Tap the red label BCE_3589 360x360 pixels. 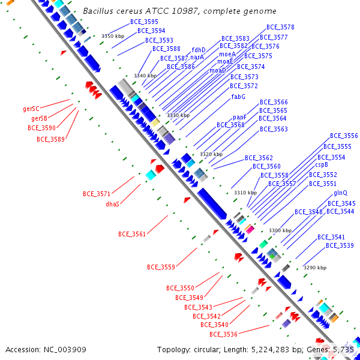tap(50, 139)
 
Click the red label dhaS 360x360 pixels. tap(113, 204)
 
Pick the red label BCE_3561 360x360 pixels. tap(132, 234)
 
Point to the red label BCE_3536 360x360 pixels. tap(223, 334)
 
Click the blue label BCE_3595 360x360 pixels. tap(144, 22)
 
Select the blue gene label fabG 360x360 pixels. tap(238, 97)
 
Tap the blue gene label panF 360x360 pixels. tap(239, 117)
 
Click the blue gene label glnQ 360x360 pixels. tap(340, 193)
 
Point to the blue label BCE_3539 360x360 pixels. tap(340, 245)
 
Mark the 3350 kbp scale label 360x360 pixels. tap(112, 36)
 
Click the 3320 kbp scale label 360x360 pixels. tap(211, 154)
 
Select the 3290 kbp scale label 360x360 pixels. tap(314, 268)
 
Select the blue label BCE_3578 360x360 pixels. tap(280, 28)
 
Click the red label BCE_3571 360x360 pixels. tap(97, 194)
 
